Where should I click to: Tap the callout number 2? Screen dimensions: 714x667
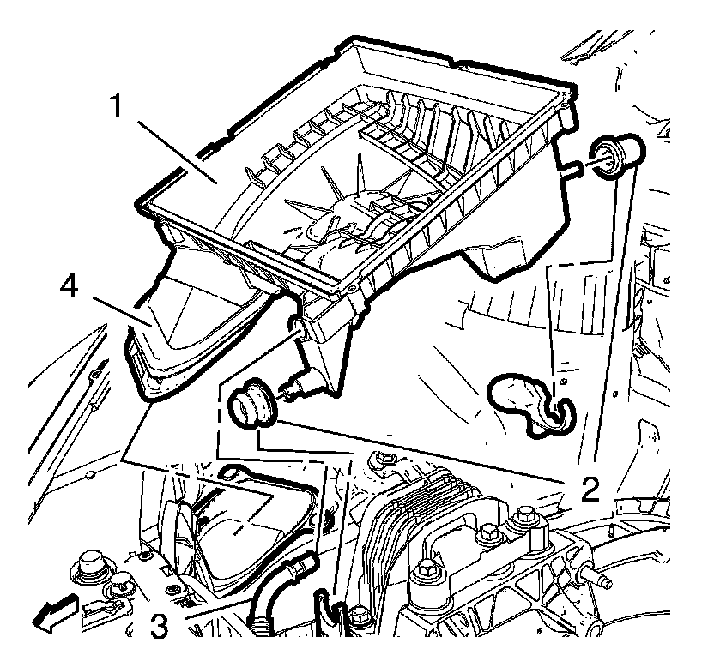click(589, 487)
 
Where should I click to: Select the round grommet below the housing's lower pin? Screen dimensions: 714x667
click(250, 406)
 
